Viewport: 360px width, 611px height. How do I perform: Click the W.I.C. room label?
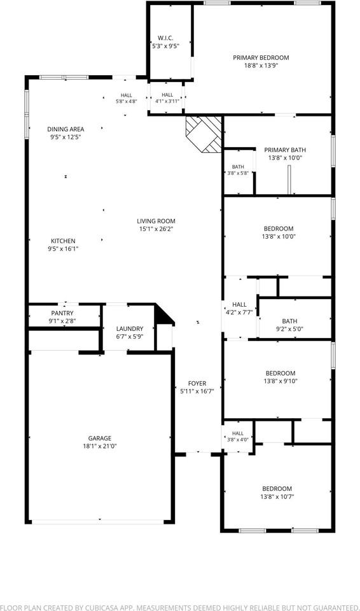click(x=165, y=38)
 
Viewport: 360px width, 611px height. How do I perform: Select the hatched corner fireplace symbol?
click(x=204, y=134)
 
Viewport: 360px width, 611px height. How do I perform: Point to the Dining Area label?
click(x=66, y=129)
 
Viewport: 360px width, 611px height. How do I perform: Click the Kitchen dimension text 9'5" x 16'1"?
click(x=64, y=248)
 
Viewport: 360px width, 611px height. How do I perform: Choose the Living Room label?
click(x=156, y=221)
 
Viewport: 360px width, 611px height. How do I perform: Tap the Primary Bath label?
click(x=285, y=150)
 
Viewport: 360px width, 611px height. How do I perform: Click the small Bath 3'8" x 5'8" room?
click(x=238, y=171)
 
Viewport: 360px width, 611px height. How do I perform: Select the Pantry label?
click(x=62, y=313)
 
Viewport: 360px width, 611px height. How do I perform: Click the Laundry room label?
click(x=130, y=328)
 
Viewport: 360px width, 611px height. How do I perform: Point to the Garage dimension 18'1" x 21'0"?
click(x=100, y=446)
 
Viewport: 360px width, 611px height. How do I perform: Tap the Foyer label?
click(x=197, y=383)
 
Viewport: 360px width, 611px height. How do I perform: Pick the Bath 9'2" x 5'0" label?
click(x=289, y=325)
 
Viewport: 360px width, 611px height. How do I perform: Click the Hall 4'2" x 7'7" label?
click(x=239, y=308)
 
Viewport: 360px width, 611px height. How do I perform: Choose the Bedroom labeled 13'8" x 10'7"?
click(x=277, y=493)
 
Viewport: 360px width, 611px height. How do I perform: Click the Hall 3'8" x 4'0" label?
click(x=238, y=436)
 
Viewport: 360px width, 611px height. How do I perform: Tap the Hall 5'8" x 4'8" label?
click(x=126, y=98)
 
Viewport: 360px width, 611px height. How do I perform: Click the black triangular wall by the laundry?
click(x=162, y=315)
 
